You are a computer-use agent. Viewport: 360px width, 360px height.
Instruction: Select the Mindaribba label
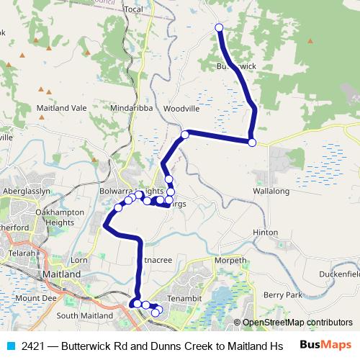131,108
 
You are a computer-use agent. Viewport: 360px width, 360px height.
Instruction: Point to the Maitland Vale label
61,108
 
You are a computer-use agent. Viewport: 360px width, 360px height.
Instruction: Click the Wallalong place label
271,192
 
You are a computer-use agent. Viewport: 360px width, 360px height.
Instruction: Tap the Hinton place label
265,233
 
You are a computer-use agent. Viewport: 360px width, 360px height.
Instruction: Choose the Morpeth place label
231,261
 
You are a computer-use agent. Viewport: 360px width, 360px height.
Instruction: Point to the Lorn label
79,259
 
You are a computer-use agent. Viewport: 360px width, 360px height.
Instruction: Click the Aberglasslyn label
26,191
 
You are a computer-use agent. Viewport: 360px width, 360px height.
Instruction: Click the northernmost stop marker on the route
220,28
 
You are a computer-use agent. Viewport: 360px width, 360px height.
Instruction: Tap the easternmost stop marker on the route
252,143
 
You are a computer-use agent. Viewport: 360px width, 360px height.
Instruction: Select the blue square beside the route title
10,346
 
